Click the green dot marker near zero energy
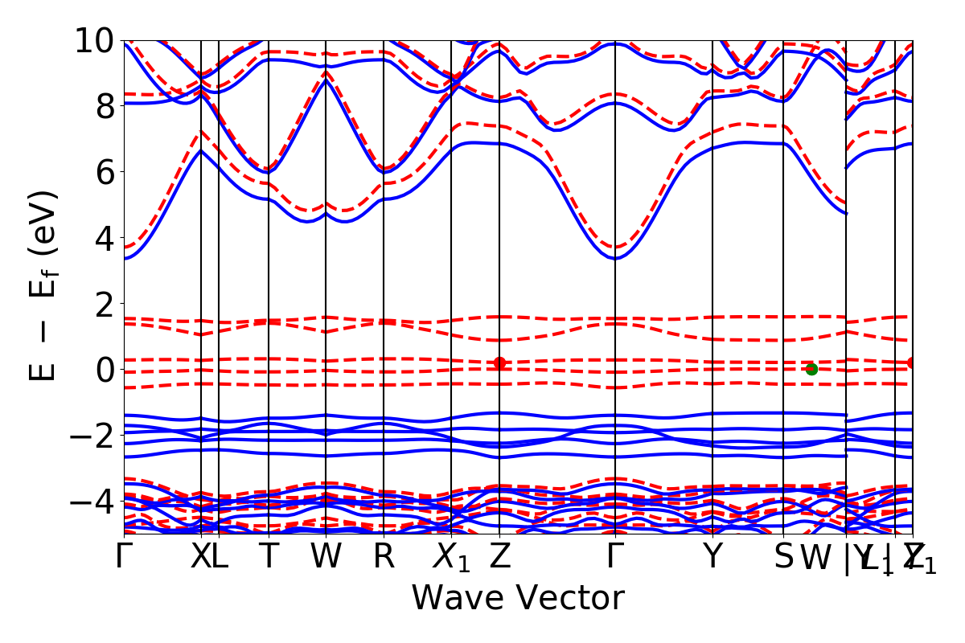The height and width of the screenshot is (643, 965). (811, 369)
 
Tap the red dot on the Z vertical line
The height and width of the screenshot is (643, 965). (499, 363)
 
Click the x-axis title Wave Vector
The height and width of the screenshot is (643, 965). (518, 599)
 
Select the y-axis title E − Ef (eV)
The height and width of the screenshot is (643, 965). (44, 285)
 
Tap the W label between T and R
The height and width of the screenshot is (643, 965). (326, 557)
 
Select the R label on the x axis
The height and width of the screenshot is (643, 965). (384, 557)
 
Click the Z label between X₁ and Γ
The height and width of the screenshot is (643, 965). (500, 557)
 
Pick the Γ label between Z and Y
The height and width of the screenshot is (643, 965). (615, 557)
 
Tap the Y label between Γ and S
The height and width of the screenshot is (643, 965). (712, 557)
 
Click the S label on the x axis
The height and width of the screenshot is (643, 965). (783, 557)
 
